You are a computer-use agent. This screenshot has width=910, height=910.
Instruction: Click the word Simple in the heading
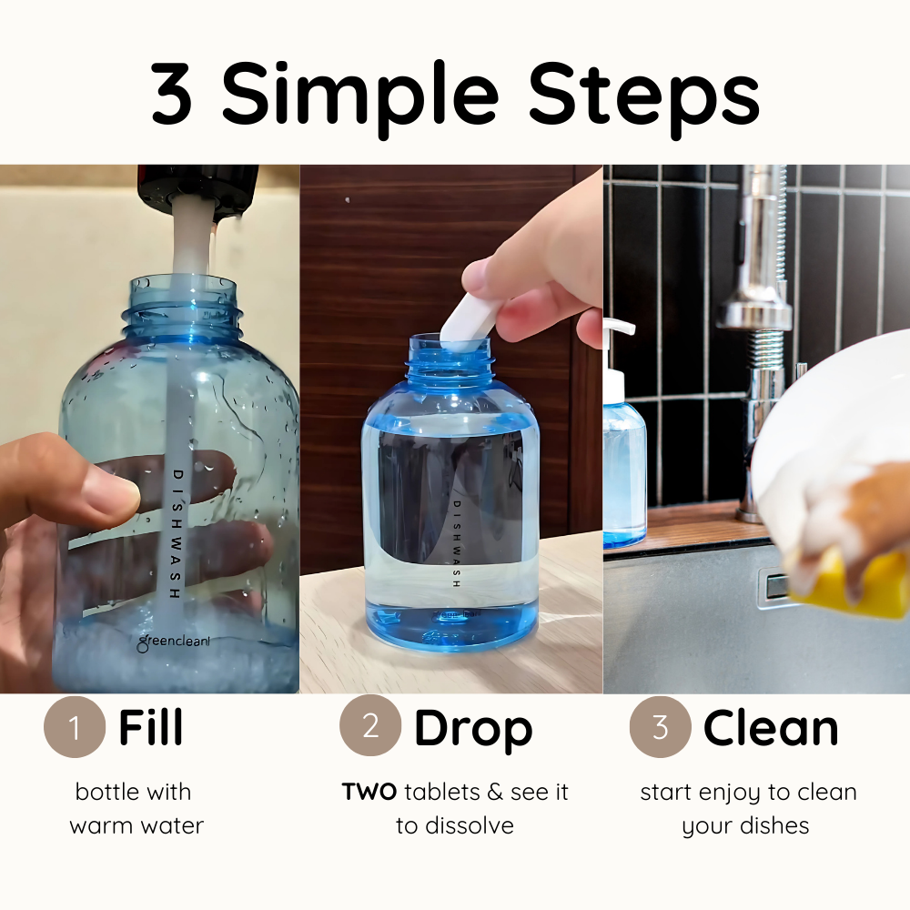pos(359,98)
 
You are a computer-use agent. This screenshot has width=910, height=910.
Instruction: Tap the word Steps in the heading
pos(643,98)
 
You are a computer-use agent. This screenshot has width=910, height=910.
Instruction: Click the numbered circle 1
pos(75,726)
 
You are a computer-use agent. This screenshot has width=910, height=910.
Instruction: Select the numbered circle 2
pos(370,725)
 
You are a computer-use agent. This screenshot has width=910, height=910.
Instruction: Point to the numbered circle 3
pos(661,726)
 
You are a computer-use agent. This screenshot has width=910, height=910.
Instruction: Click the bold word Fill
pos(150,726)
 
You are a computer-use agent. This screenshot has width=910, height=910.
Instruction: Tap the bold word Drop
pos(473,730)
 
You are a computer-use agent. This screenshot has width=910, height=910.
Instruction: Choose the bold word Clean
pos(771,727)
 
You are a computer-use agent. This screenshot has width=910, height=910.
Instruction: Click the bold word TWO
pos(369,792)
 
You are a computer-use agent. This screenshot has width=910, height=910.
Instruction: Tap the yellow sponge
pos(854,581)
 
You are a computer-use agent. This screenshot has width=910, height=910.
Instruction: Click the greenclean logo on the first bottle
pos(174,642)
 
